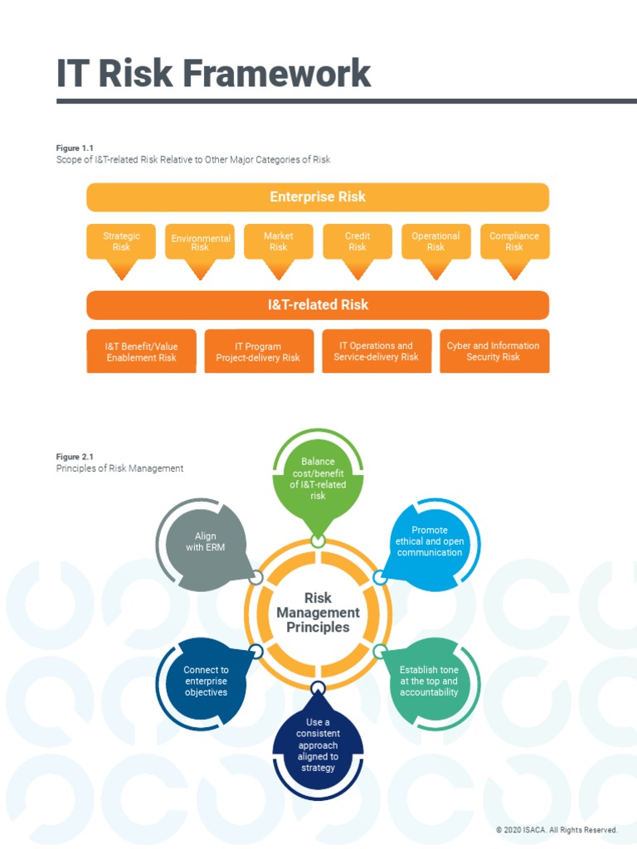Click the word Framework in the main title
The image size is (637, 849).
tap(277, 73)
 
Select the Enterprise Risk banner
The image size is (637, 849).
tap(318, 197)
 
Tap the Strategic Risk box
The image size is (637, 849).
tap(121, 241)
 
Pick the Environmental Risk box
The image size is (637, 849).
tap(200, 242)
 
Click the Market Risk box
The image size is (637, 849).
tap(279, 241)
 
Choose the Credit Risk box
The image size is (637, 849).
tap(357, 241)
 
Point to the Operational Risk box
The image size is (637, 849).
tap(435, 241)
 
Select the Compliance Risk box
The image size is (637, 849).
tap(514, 241)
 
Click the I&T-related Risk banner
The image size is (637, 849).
tap(318, 305)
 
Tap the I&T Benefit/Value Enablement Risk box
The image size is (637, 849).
tap(142, 352)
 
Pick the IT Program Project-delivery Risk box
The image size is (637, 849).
tap(259, 352)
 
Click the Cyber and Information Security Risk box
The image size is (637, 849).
tap(494, 352)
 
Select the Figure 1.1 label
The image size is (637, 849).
tap(75, 148)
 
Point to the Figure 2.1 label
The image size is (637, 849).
tap(75, 457)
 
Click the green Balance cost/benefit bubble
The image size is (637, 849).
tap(318, 478)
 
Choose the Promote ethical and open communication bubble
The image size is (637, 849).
tap(430, 541)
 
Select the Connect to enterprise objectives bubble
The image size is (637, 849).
tap(206, 681)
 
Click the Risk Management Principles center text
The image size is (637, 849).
tap(318, 612)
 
